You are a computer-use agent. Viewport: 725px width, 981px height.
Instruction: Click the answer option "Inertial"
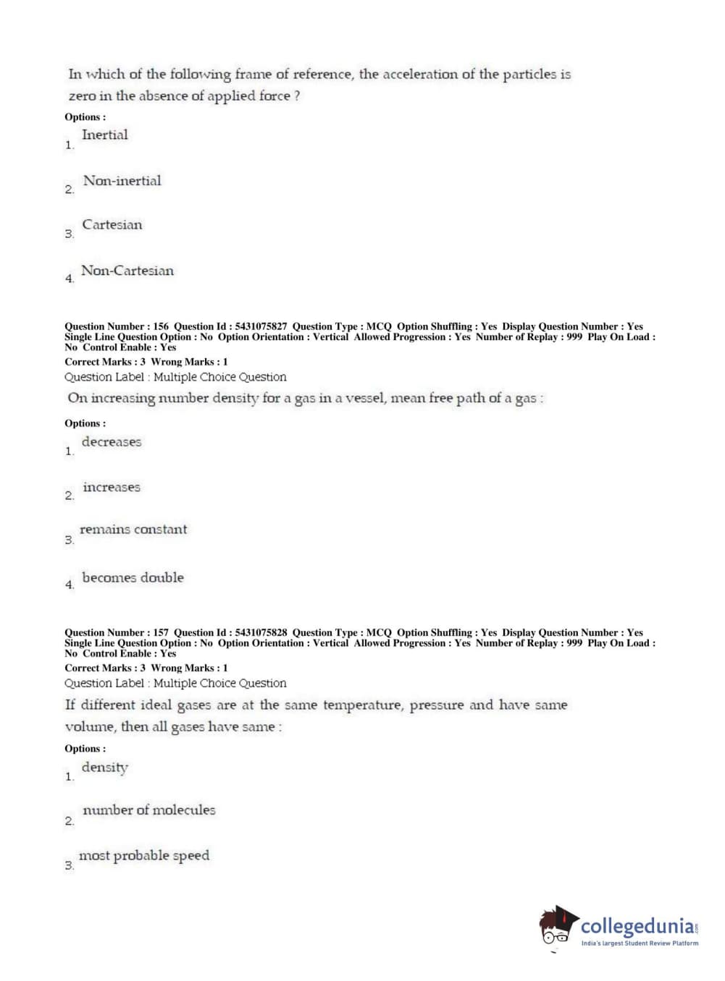click(x=105, y=135)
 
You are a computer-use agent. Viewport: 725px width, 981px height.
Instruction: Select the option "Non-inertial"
click(x=122, y=181)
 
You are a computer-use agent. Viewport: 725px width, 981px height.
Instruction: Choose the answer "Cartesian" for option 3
click(x=112, y=225)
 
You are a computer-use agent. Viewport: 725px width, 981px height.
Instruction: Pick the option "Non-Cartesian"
click(x=127, y=271)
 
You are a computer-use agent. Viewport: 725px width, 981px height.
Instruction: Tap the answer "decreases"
click(x=112, y=442)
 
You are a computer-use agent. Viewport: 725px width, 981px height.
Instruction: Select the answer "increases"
click(x=112, y=488)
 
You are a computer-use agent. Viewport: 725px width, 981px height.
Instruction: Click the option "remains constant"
click(x=133, y=530)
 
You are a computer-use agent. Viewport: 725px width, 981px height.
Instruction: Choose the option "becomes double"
click(x=133, y=578)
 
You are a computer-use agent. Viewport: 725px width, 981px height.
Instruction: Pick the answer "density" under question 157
click(x=105, y=768)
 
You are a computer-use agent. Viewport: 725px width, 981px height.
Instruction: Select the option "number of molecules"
click(x=149, y=810)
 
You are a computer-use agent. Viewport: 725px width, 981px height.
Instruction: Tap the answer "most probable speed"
click(x=144, y=856)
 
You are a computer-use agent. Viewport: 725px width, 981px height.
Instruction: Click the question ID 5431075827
click(x=261, y=326)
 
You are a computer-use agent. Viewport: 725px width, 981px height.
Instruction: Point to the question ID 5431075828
click(x=261, y=632)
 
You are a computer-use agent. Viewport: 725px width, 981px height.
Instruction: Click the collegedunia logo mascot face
click(x=556, y=928)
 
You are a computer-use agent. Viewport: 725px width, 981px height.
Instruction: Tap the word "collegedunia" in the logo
click(x=637, y=926)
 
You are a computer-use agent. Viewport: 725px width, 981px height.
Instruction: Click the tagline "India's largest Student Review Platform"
click(x=640, y=943)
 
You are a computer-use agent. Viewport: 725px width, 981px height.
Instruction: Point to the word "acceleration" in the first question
click(x=420, y=75)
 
